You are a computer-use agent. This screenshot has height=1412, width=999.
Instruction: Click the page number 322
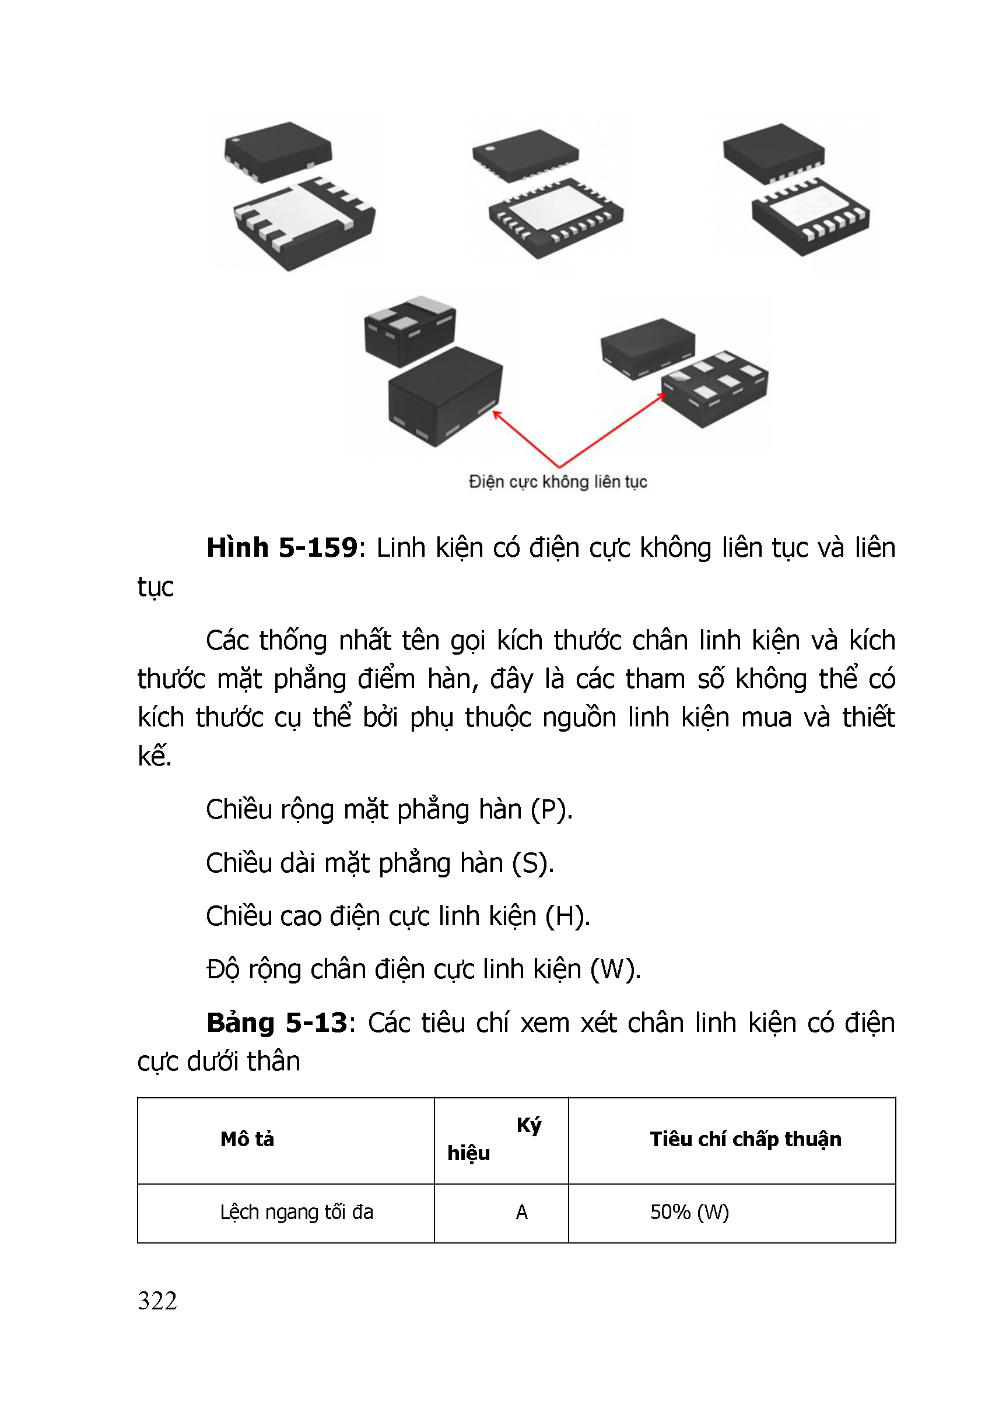[x=157, y=1301]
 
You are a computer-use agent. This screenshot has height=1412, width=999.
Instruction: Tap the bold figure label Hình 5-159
[x=282, y=547]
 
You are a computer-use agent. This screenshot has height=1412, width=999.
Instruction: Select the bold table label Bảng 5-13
[x=277, y=1023]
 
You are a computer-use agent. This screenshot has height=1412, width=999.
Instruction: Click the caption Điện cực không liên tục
[x=558, y=482]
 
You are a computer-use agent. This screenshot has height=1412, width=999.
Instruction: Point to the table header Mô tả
[x=247, y=1139]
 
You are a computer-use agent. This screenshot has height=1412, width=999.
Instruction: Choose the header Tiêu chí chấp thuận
[x=745, y=1139]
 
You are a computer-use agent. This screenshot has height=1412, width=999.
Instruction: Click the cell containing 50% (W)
[x=689, y=1212]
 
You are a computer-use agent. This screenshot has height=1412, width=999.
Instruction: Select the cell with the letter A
[x=521, y=1212]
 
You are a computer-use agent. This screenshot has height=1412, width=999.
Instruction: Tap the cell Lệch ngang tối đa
[x=296, y=1212]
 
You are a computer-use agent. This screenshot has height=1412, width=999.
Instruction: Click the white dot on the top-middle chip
[x=490, y=148]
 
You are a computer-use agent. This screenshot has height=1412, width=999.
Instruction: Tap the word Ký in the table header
[x=528, y=1125]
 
